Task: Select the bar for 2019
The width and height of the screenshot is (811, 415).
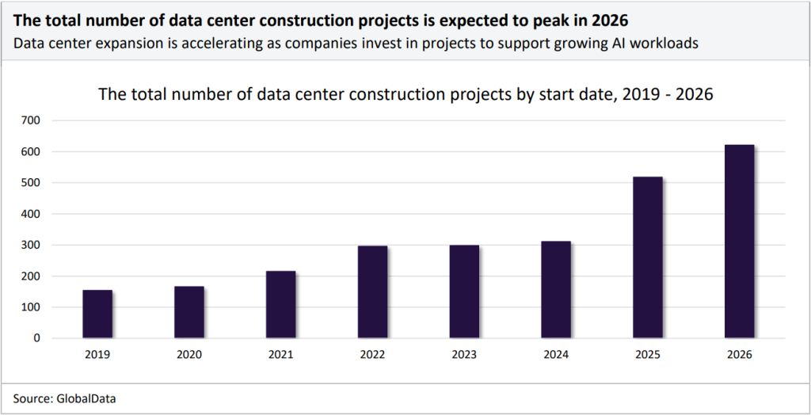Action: (x=97, y=314)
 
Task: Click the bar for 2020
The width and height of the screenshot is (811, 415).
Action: (x=189, y=312)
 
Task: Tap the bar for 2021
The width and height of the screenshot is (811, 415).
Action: (x=280, y=305)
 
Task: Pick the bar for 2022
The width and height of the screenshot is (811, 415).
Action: (x=372, y=292)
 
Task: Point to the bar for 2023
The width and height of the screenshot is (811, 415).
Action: (x=464, y=291)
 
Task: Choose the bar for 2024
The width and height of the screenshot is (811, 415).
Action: (x=555, y=290)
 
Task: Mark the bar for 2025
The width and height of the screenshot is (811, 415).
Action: (x=647, y=257)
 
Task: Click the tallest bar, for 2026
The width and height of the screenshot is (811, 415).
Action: (x=739, y=242)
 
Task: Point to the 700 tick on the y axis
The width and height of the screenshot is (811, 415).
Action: (x=32, y=120)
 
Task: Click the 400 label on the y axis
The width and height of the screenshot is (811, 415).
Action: (x=32, y=214)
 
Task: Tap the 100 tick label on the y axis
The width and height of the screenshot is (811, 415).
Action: (x=32, y=307)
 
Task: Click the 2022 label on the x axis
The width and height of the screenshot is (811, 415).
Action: (x=372, y=355)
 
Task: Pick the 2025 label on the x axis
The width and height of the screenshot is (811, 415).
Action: (x=647, y=355)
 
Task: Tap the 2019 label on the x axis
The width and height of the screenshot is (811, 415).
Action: (x=97, y=355)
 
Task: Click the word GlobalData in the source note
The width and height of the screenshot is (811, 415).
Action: (x=85, y=399)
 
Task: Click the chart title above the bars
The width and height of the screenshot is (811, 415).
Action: (x=405, y=94)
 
